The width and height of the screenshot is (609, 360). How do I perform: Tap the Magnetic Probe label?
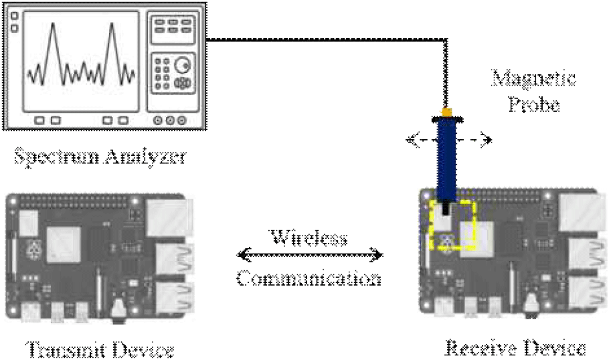pos(535,92)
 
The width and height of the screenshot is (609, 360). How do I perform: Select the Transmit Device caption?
pos(100,349)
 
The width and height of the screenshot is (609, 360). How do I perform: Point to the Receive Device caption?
pos(516,348)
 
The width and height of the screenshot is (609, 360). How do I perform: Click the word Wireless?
pos(310,238)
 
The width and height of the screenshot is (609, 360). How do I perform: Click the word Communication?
pos(309,277)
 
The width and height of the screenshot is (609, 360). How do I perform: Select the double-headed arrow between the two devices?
pos(311,255)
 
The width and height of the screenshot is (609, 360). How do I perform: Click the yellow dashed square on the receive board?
pos(454,223)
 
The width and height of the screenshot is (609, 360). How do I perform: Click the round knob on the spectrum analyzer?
pos(181,66)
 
